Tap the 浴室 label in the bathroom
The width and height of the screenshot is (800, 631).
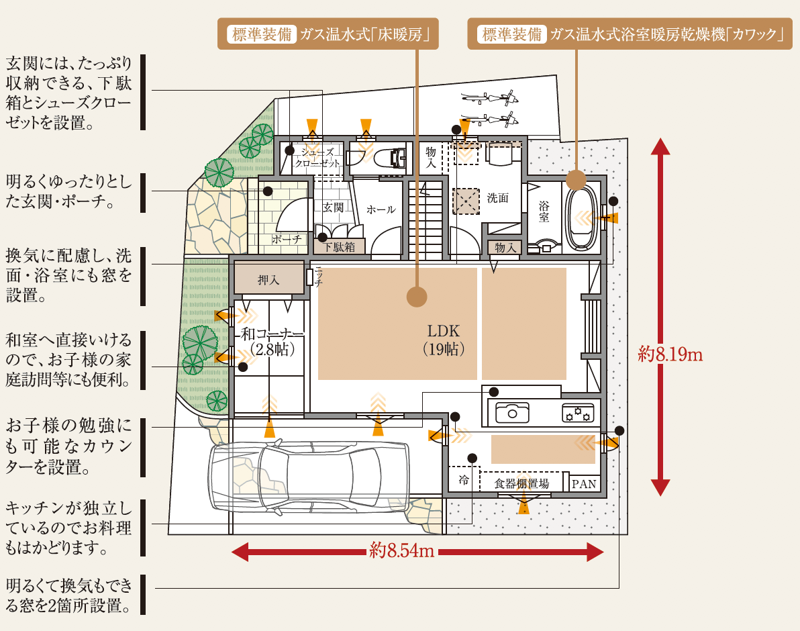point(544,211)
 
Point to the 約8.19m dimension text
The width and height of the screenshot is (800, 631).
point(670,354)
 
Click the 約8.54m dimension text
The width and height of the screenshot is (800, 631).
point(402,552)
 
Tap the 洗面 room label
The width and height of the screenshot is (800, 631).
point(498,198)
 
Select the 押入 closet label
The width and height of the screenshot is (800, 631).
point(268,280)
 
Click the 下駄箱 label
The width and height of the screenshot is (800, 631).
point(339,246)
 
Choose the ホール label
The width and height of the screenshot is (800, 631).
point(381,209)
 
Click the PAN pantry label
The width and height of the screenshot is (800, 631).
point(583,484)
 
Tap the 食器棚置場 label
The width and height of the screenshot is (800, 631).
point(521,483)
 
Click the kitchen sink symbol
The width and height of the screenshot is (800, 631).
point(512,412)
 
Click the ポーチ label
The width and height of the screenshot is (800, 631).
point(287,239)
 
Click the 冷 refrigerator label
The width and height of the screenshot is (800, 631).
point(463,480)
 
